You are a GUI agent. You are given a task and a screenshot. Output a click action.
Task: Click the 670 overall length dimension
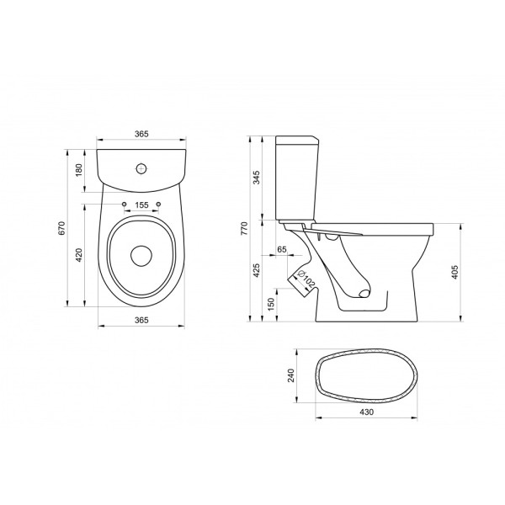pos(62,228)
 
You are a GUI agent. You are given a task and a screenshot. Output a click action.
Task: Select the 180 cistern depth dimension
pos(79,170)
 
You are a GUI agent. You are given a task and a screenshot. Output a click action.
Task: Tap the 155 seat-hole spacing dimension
pos(141,205)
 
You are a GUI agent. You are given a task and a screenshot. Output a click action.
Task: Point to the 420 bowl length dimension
pos(79,255)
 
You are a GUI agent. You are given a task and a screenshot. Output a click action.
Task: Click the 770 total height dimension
pos(245,228)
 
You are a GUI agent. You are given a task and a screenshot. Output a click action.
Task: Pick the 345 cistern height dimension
pos(257,178)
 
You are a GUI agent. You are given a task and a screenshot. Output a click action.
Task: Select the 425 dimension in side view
pos(257,270)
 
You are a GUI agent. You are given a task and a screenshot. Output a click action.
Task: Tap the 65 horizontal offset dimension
pos(281,249)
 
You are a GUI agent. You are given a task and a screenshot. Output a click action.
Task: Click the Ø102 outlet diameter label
pos(306,279)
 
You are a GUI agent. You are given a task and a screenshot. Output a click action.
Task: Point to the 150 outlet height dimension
pos(271,304)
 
